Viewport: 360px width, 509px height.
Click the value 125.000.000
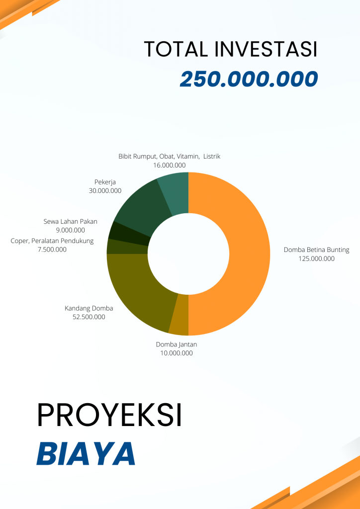(316, 258)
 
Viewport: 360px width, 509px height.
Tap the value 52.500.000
(89, 317)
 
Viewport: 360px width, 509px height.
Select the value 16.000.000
(169, 165)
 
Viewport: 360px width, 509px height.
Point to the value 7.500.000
(52, 250)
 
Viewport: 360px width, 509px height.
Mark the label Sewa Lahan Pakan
(71, 221)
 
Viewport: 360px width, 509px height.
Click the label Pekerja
(105, 181)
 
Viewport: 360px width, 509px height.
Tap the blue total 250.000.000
(249, 80)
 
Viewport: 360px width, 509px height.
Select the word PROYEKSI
(109, 416)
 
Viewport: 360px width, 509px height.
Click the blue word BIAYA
(86, 453)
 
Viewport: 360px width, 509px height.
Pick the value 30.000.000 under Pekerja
(105, 190)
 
